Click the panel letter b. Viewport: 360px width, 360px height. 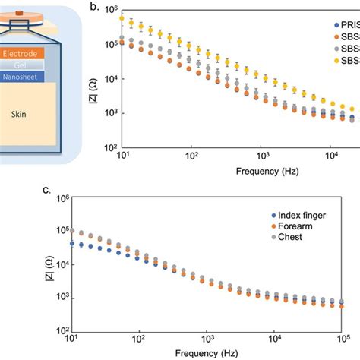tap(94, 7)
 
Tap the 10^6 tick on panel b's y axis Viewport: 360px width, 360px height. tap(109, 11)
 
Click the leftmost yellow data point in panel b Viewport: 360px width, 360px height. tap(122, 17)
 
